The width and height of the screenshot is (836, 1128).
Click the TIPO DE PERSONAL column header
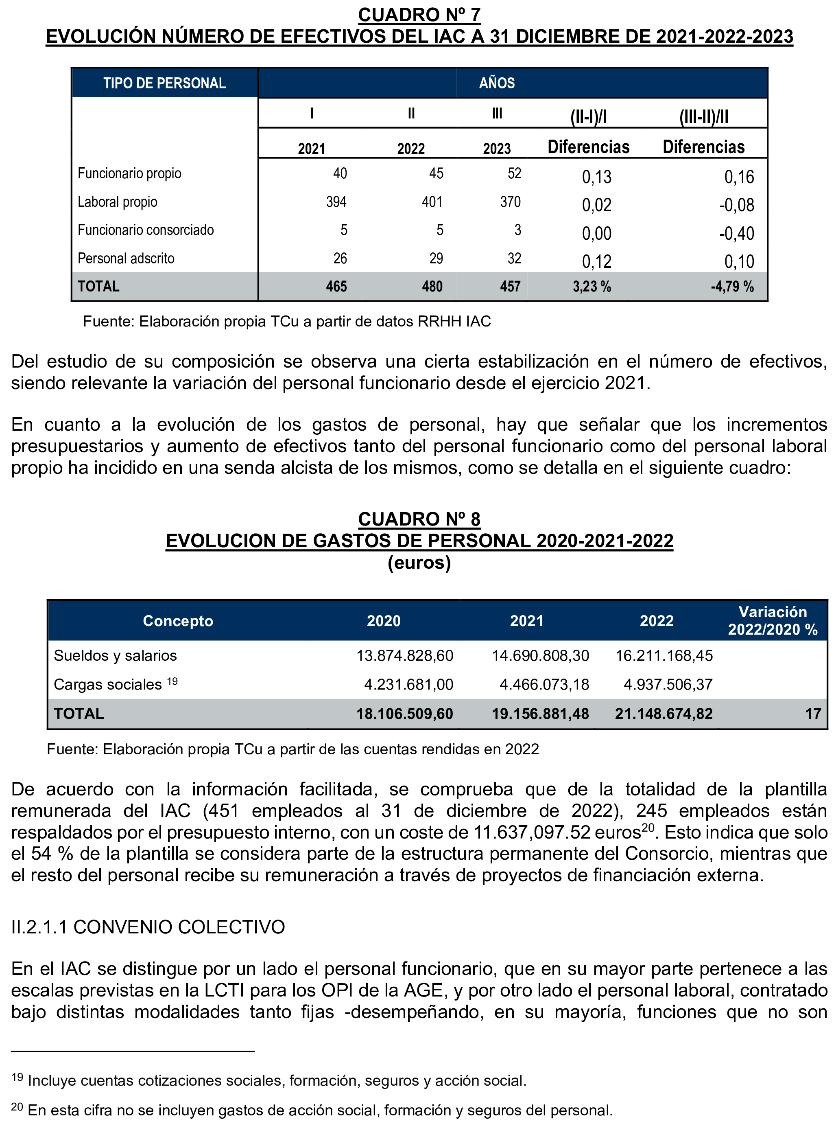[164, 83]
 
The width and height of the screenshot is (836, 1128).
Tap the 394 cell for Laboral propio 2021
[336, 202]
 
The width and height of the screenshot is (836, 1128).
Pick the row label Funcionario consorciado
[146, 230]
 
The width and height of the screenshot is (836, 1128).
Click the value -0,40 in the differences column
[736, 233]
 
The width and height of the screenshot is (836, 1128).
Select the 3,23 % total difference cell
[592, 287]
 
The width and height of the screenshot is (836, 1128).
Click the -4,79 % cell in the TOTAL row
[732, 287]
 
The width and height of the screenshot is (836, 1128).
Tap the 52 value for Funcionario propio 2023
[514, 174]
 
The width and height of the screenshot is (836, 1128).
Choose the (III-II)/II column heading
[703, 117]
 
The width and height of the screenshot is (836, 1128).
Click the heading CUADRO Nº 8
[419, 519]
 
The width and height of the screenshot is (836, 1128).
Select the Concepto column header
[178, 621]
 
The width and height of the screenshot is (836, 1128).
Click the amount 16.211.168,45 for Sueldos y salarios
[664, 656]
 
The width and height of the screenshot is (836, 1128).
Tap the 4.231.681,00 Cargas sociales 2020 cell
[408, 685]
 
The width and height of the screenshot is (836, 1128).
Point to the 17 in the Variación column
[813, 714]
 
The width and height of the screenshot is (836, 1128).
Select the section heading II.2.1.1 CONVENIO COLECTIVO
[148, 927]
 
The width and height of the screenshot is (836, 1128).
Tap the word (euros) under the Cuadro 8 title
[419, 563]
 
